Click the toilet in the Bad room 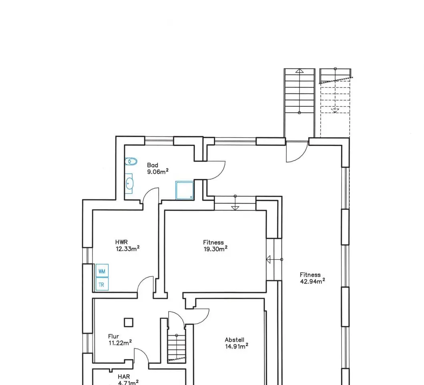[x=131, y=162]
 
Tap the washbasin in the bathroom [x=129, y=184]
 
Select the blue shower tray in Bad [x=185, y=190]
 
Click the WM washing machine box [x=102, y=271]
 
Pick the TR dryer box [x=102, y=284]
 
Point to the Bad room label [x=153, y=165]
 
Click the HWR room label [x=121, y=242]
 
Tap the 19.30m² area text [x=215, y=249]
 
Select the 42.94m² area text [x=312, y=281]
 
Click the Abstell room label [x=235, y=340]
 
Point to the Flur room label [x=114, y=336]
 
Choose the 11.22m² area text [x=120, y=343]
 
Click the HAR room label [x=124, y=377]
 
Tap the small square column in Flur [x=129, y=322]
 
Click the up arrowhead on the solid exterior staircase [x=299, y=71]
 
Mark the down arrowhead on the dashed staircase [x=335, y=111]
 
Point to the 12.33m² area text [x=128, y=249]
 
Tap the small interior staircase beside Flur [x=177, y=348]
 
